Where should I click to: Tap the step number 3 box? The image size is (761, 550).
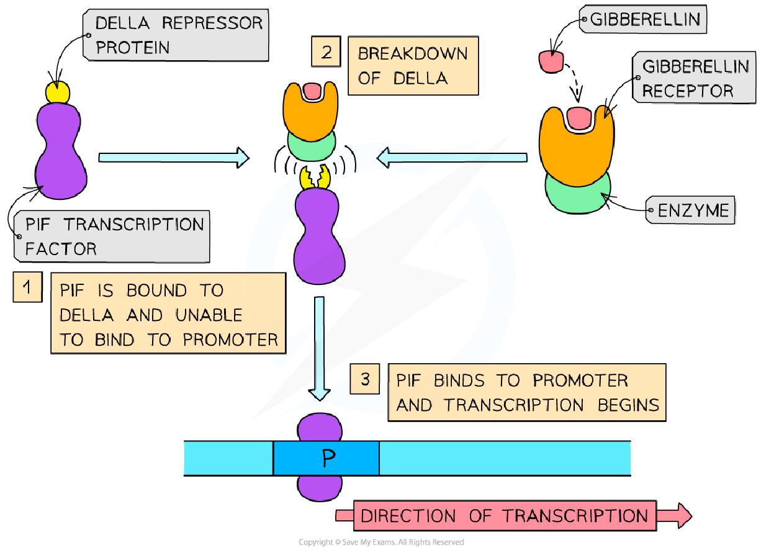pyautogui.click(x=365, y=379)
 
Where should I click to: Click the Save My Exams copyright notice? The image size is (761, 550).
pyautogui.click(x=381, y=542)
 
